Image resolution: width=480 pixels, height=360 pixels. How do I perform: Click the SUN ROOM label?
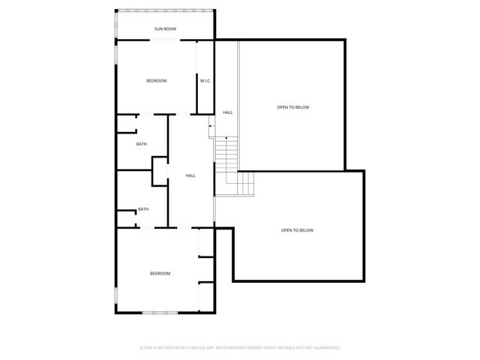[165, 29]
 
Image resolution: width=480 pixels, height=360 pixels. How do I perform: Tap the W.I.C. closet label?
[204, 80]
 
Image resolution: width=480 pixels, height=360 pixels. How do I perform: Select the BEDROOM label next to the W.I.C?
[156, 80]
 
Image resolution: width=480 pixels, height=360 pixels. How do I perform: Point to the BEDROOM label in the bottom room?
[160, 273]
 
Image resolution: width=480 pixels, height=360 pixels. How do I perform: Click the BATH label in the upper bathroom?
[141, 144]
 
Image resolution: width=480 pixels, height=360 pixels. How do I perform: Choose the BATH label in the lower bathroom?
[142, 209]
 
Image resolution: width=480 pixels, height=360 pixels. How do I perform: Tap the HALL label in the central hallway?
[190, 175]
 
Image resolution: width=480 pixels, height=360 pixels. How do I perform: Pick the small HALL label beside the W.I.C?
[227, 112]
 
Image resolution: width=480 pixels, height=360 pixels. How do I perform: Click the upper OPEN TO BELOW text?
[292, 107]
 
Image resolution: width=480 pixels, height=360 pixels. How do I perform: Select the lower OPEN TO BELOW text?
[297, 230]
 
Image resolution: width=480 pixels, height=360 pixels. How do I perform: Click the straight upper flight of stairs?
[226, 153]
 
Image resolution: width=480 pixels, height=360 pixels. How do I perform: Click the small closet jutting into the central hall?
[160, 170]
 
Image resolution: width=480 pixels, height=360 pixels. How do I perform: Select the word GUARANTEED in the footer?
[325, 348]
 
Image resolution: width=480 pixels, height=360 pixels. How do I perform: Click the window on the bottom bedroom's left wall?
[115, 301]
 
